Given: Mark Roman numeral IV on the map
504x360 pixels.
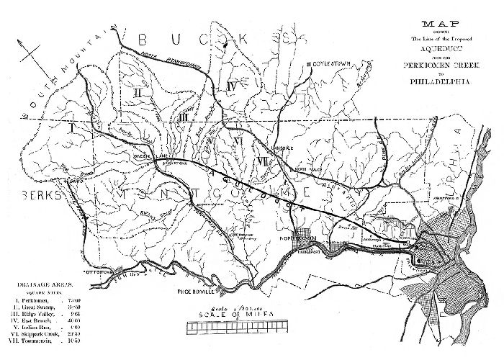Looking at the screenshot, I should pos(231,86).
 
